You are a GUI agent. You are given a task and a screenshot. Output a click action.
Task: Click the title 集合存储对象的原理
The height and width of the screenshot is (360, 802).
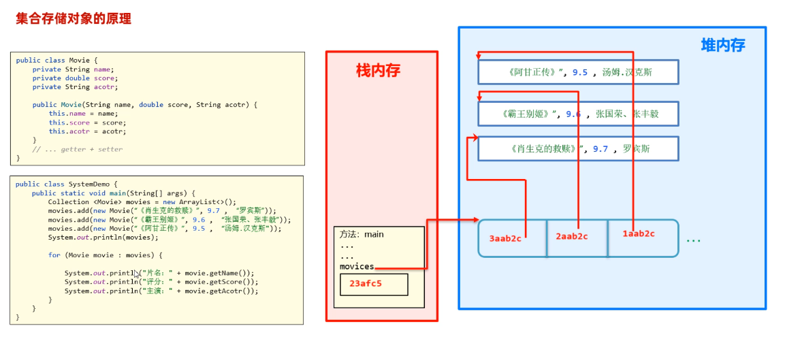(x=74, y=19)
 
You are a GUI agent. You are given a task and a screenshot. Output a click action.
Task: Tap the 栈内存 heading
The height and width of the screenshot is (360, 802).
(x=378, y=71)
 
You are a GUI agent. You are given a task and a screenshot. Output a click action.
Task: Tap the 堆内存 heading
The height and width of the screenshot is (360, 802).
(x=722, y=46)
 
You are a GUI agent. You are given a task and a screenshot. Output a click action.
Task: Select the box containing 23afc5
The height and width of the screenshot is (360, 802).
(x=374, y=284)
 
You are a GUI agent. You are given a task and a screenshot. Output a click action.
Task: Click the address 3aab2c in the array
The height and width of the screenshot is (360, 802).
(x=505, y=238)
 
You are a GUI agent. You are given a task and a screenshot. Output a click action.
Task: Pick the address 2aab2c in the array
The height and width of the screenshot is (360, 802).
(x=571, y=236)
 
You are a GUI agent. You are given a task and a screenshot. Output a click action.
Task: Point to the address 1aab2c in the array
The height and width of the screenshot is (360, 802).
(x=638, y=234)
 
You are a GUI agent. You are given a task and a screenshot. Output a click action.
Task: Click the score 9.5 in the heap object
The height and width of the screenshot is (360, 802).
(x=579, y=72)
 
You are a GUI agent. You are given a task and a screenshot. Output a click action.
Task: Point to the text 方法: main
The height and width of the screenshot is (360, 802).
(x=362, y=234)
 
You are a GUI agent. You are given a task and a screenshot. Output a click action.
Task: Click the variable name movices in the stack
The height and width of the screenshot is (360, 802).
(x=357, y=267)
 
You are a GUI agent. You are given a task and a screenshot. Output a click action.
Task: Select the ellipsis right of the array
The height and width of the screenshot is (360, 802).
(x=693, y=240)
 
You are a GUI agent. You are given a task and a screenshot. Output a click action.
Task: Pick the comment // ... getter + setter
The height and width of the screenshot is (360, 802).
(x=78, y=149)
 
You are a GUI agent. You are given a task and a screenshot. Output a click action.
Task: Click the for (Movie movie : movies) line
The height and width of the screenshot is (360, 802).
(x=106, y=255)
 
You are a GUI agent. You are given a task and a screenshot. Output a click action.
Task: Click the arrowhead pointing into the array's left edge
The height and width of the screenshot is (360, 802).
(x=475, y=220)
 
